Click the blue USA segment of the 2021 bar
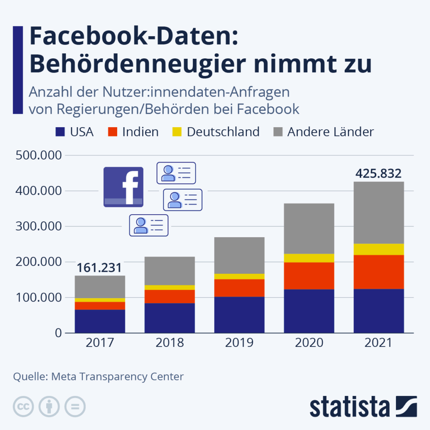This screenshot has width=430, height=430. click(x=379, y=311)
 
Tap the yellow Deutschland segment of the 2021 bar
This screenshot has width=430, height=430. click(x=379, y=249)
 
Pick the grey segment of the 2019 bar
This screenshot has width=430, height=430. click(x=239, y=255)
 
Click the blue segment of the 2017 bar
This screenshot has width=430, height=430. click(x=100, y=321)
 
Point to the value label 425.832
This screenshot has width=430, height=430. click(x=378, y=173)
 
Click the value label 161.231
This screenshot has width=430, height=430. click(x=100, y=267)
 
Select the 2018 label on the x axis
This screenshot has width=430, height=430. click(x=170, y=343)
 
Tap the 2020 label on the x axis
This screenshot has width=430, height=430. click(x=309, y=343)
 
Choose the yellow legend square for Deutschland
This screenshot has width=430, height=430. click(x=177, y=132)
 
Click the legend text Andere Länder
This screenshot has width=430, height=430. click(x=330, y=132)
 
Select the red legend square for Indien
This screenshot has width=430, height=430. click(x=113, y=132)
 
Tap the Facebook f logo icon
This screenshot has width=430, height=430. click(x=123, y=187)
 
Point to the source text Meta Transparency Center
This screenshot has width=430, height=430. click(x=117, y=376)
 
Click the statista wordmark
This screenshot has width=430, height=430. click(x=350, y=407)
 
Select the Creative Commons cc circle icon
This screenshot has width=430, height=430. click(x=24, y=406)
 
